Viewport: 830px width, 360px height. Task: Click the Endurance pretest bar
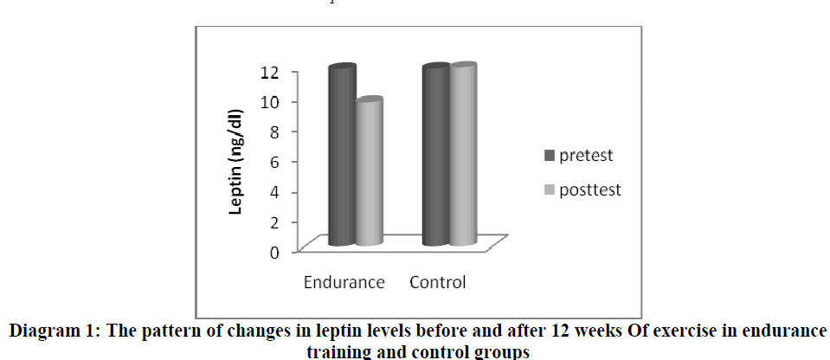(342, 156)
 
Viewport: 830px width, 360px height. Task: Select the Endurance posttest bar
(369, 172)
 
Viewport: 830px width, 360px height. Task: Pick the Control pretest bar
(435, 156)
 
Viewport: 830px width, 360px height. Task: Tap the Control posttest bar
(462, 155)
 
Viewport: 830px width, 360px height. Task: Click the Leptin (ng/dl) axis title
(235, 161)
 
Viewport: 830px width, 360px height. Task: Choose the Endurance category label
(343, 282)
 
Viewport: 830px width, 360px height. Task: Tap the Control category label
(437, 282)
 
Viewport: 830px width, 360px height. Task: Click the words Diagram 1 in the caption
(51, 333)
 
